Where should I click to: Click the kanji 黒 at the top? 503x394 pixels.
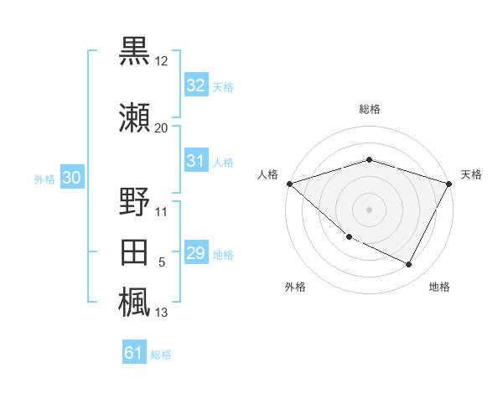tap(135, 51)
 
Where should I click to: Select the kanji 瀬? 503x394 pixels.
tap(135, 117)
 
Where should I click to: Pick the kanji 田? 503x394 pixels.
tap(135, 253)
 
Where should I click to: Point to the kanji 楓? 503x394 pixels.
tap(135, 301)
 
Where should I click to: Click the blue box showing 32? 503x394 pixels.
tap(195, 86)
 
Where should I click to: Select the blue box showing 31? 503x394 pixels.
tap(195, 161)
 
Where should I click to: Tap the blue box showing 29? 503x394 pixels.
tap(195, 253)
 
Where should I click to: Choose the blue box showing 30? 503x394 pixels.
tap(71, 178)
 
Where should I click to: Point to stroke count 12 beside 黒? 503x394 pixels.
tap(162, 62)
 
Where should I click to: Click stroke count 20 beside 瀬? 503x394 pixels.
tap(161, 128)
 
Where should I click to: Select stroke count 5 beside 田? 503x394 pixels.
tap(162, 263)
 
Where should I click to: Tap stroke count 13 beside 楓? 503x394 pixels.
tap(161, 314)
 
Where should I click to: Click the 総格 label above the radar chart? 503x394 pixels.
tap(369, 110)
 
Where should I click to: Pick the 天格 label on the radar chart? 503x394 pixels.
tap(471, 174)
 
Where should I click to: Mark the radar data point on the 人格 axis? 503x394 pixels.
tap(289, 184)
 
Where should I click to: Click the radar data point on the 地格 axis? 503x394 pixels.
tap(409, 265)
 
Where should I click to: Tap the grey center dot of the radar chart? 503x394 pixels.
tap(369, 209)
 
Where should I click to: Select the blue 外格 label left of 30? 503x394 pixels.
tap(44, 179)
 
